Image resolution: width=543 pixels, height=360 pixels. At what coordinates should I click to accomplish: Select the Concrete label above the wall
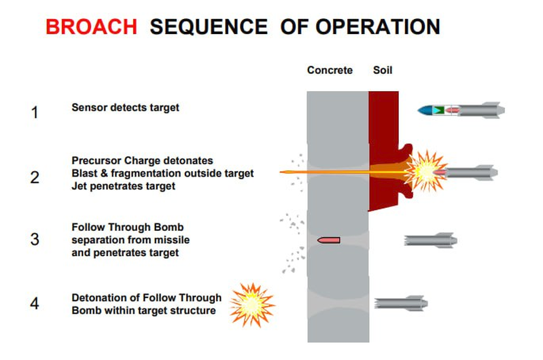point(330,70)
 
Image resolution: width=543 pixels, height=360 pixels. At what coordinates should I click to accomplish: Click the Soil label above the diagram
point(383,70)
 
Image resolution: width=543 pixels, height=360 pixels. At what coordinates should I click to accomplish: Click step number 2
point(35,178)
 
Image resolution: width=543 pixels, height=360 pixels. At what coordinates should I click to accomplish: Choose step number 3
point(35,239)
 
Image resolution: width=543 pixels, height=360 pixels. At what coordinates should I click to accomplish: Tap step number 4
point(35,303)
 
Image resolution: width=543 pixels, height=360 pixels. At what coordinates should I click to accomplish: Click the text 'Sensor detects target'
point(125,107)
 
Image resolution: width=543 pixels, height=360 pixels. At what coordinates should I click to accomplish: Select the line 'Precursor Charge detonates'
point(142,161)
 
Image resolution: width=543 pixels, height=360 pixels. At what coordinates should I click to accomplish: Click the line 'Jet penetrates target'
point(124,185)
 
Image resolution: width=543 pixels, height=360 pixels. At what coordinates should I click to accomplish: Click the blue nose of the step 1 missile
point(426,109)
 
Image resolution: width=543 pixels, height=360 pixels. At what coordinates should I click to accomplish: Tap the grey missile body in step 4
point(401,302)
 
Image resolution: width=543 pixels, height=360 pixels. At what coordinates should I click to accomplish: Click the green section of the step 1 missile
point(439,109)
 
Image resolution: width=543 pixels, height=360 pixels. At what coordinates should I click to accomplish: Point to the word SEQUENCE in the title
point(209,26)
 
